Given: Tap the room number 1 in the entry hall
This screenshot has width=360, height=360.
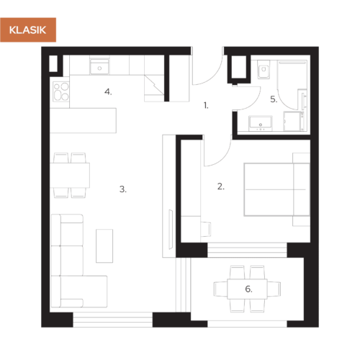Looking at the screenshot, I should pyautogui.click(x=205, y=105).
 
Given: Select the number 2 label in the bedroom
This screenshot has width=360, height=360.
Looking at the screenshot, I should pyautogui.click(x=221, y=186).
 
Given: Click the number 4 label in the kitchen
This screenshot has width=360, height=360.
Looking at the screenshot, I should pyautogui.click(x=108, y=91).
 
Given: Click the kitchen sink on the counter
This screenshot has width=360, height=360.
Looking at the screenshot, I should pyautogui.click(x=99, y=67).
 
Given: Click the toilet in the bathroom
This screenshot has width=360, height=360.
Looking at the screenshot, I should pyautogui.click(x=262, y=72).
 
